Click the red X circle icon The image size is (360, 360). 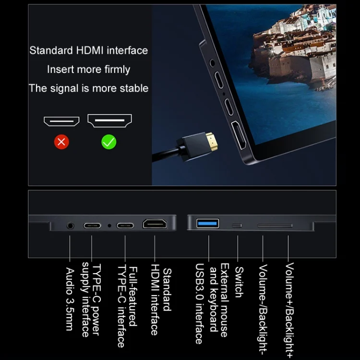[61, 142]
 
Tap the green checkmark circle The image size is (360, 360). [109, 142]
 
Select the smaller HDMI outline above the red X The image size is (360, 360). [61, 121]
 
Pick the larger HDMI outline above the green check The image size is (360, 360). [110, 120]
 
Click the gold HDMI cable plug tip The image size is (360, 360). [212, 141]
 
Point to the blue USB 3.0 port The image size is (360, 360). [207, 223]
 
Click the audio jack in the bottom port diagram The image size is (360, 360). [71, 226]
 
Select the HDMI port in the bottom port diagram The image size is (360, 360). [155, 224]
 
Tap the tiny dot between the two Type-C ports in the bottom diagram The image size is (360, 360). [109, 226]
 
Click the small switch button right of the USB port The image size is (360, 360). [237, 226]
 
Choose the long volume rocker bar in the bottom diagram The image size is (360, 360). [275, 226]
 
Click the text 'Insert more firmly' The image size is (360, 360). [89, 69]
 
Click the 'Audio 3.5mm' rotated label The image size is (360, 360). [70, 299]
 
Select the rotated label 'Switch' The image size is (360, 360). [239, 282]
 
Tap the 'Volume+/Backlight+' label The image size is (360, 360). [289, 311]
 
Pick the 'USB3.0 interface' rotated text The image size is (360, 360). [199, 303]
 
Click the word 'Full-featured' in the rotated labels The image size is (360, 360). [133, 297]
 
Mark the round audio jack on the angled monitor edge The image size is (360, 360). [212, 63]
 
